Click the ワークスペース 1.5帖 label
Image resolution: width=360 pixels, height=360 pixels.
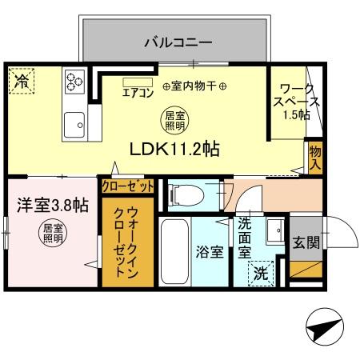298,102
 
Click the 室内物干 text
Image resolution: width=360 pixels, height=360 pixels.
194,86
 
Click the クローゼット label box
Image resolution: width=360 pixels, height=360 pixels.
127,186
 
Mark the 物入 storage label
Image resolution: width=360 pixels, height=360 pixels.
314,158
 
